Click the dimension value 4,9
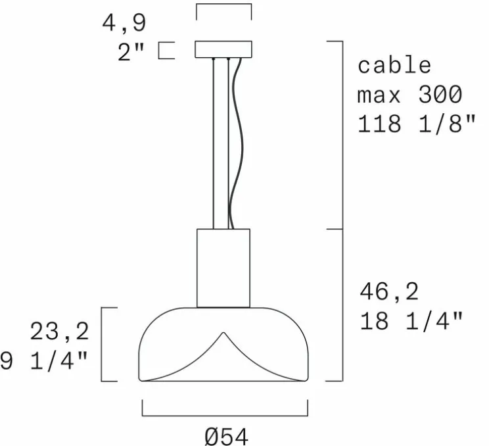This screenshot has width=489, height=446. coord(124,23)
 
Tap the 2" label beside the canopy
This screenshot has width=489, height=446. coord(131,52)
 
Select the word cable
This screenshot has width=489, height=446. coord(394,66)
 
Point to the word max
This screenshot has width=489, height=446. coord(379,95)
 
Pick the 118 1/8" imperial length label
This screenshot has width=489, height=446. coord(415,124)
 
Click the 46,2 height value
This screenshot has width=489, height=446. coord(389,291)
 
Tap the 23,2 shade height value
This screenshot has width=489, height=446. coord(59,332)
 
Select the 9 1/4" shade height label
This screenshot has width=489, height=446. coord(43,361)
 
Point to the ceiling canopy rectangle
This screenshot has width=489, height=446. coord(223,49)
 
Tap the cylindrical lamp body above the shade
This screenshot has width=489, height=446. coord(223,268)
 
